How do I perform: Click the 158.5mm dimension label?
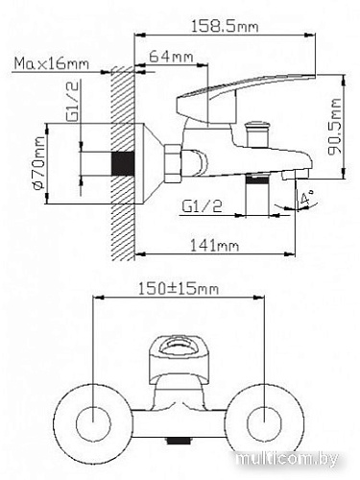pos(231,28)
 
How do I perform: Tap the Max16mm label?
pos(52,64)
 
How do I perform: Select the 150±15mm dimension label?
pos(179,287)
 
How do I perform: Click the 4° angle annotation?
pos(306,202)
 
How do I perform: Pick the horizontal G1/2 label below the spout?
pos(203,204)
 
